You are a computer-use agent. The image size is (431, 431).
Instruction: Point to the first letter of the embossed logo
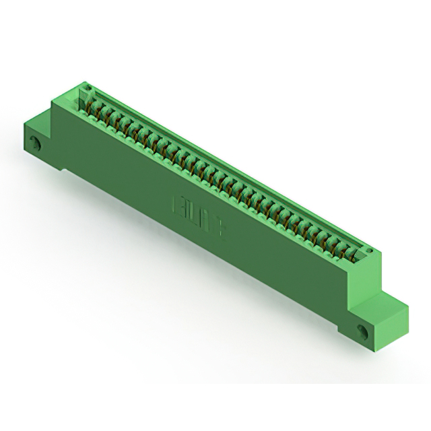pyautogui.click(x=180, y=203)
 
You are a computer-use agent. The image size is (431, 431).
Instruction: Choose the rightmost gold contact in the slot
pyautogui.click(x=350, y=255)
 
